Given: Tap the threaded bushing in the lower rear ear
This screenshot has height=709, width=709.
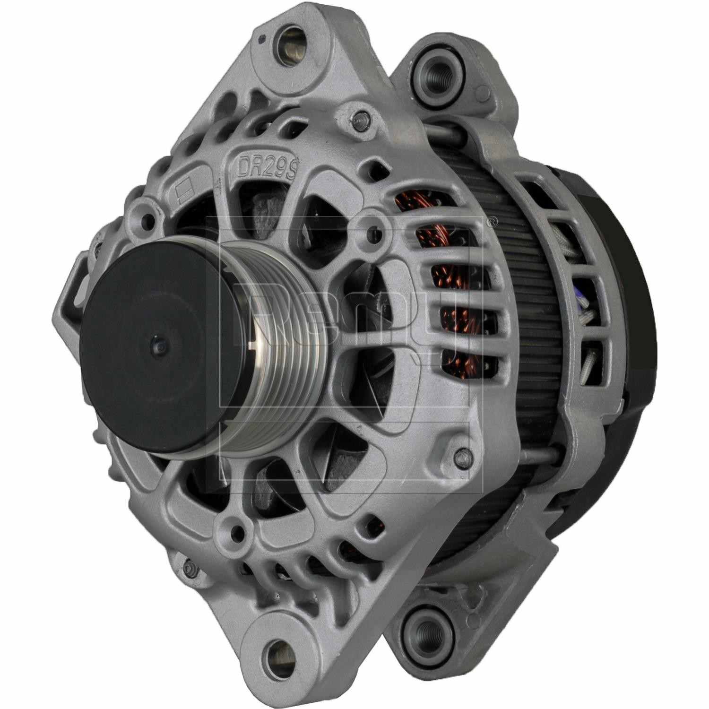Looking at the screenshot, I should point(420,628).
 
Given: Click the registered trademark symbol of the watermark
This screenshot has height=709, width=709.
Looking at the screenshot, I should point(492,220).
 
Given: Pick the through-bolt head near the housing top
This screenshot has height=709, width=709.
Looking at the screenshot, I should point(363,115).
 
